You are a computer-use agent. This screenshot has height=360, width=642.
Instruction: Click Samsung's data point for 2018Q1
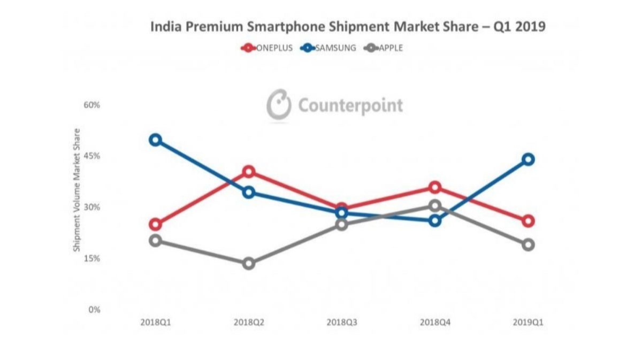pos(155,140)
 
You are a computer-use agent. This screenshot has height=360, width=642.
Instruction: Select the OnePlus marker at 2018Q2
pos(248,172)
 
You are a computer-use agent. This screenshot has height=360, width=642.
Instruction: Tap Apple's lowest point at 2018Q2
pos(248,263)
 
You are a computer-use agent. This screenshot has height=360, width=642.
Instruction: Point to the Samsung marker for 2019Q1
pos(528,159)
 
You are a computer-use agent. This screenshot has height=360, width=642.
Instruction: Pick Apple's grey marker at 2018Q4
pos(434,206)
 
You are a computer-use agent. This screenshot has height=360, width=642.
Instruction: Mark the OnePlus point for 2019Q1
pos(528,221)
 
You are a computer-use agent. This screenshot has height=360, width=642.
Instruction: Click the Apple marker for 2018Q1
pos(155,241)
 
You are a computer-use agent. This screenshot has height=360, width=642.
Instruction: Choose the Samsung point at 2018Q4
pos(434,220)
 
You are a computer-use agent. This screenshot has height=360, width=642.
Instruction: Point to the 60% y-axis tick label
pos(92,105)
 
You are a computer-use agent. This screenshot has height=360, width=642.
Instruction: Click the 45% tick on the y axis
pos(92,156)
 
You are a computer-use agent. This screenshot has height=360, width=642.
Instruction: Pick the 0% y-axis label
pos(94,310)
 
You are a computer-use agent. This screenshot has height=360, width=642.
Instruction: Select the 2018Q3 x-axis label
pos(341,323)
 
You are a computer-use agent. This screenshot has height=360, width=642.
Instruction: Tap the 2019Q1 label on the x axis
pos(528,323)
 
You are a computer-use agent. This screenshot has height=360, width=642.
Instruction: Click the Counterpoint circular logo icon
pos(279,105)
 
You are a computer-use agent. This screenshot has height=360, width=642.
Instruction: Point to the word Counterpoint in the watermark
pos(350,105)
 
